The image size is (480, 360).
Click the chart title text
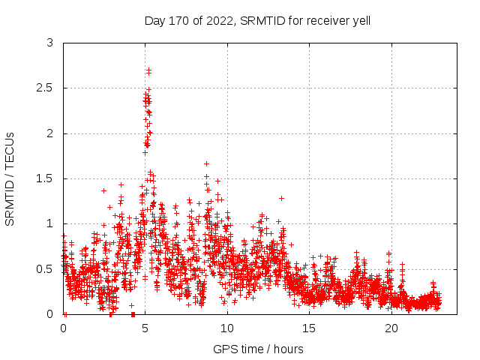(257, 20)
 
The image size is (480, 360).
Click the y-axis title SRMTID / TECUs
(10, 178)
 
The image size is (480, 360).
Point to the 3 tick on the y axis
(50, 43)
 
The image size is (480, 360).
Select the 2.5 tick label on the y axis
(46, 88)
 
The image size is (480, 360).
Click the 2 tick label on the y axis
(50, 133)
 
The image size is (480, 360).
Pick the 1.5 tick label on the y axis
(46, 178)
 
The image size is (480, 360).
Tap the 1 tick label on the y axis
(50, 223)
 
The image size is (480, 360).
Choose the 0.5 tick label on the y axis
(46, 268)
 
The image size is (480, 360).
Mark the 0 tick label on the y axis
(50, 313)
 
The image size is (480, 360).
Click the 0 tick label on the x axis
(63, 328)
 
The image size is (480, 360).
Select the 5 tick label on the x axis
(145, 328)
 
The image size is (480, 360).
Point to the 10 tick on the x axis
(227, 328)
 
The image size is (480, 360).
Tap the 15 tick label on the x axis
(310, 328)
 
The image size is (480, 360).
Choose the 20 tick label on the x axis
(391, 328)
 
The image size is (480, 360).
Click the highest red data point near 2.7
(149, 70)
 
